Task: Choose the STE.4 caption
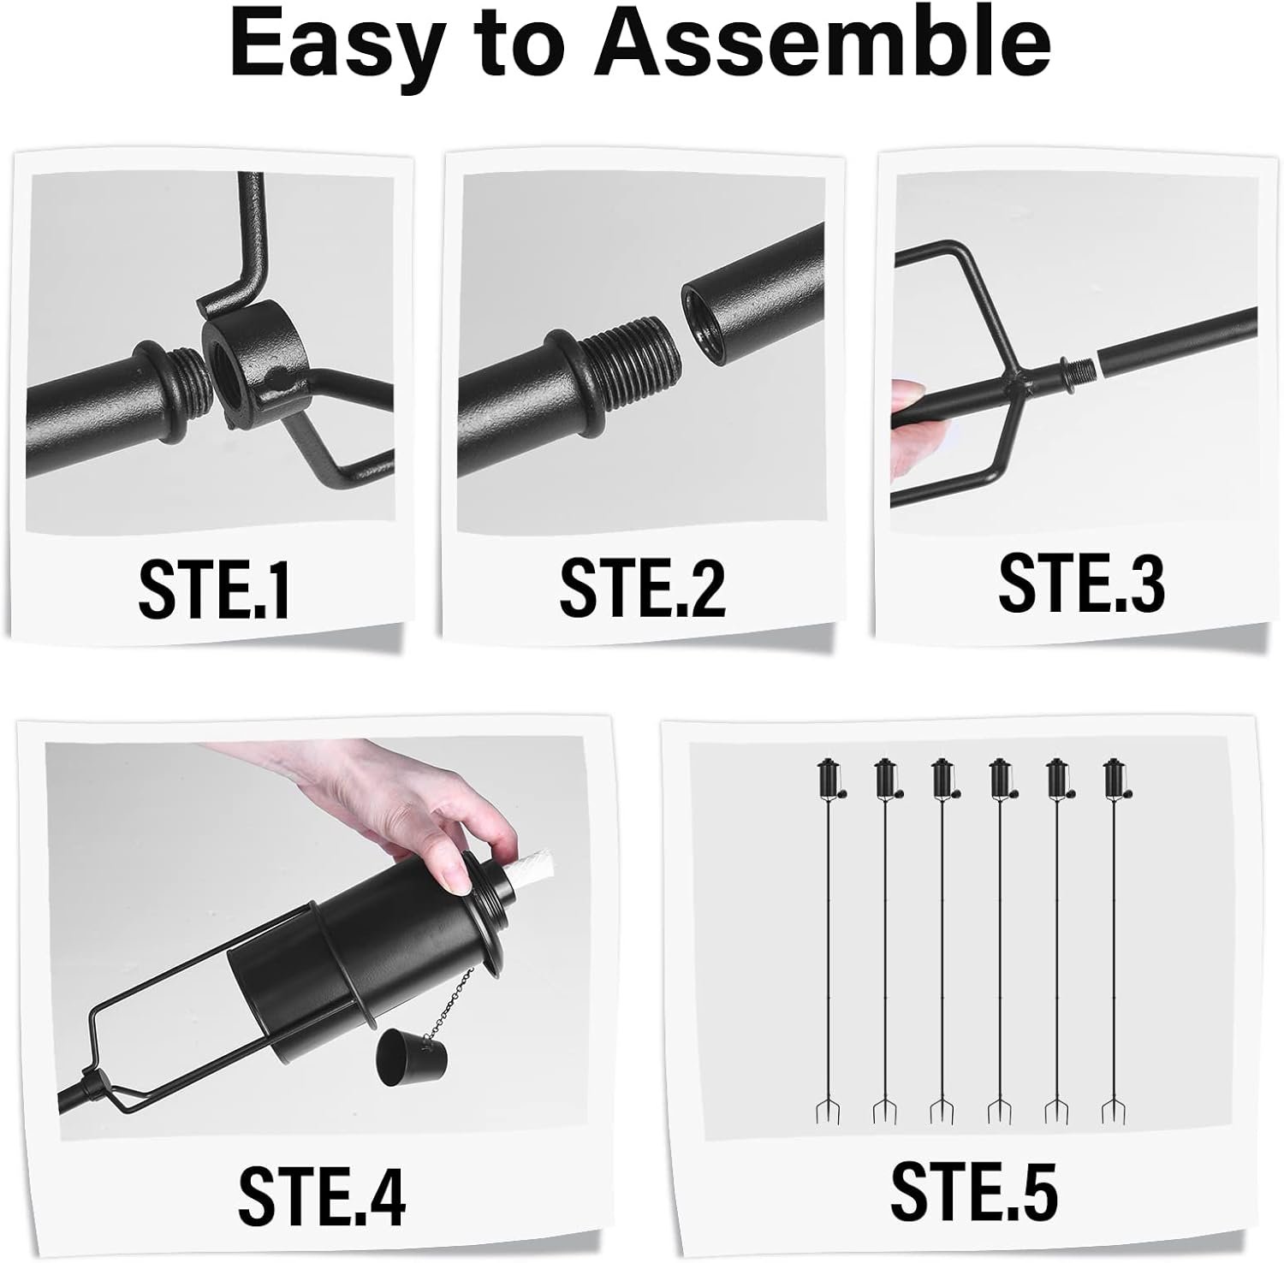(x=322, y=1193)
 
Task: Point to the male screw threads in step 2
(x=631, y=362)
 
